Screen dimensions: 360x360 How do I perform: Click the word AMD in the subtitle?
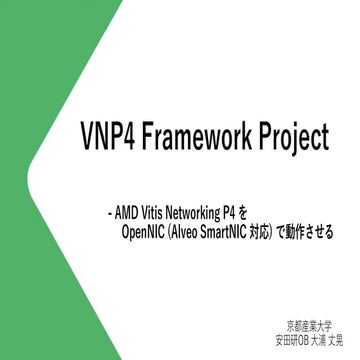coord(126,213)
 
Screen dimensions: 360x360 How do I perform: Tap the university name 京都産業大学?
coord(314,324)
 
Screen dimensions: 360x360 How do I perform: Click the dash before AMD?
coord(108,213)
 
